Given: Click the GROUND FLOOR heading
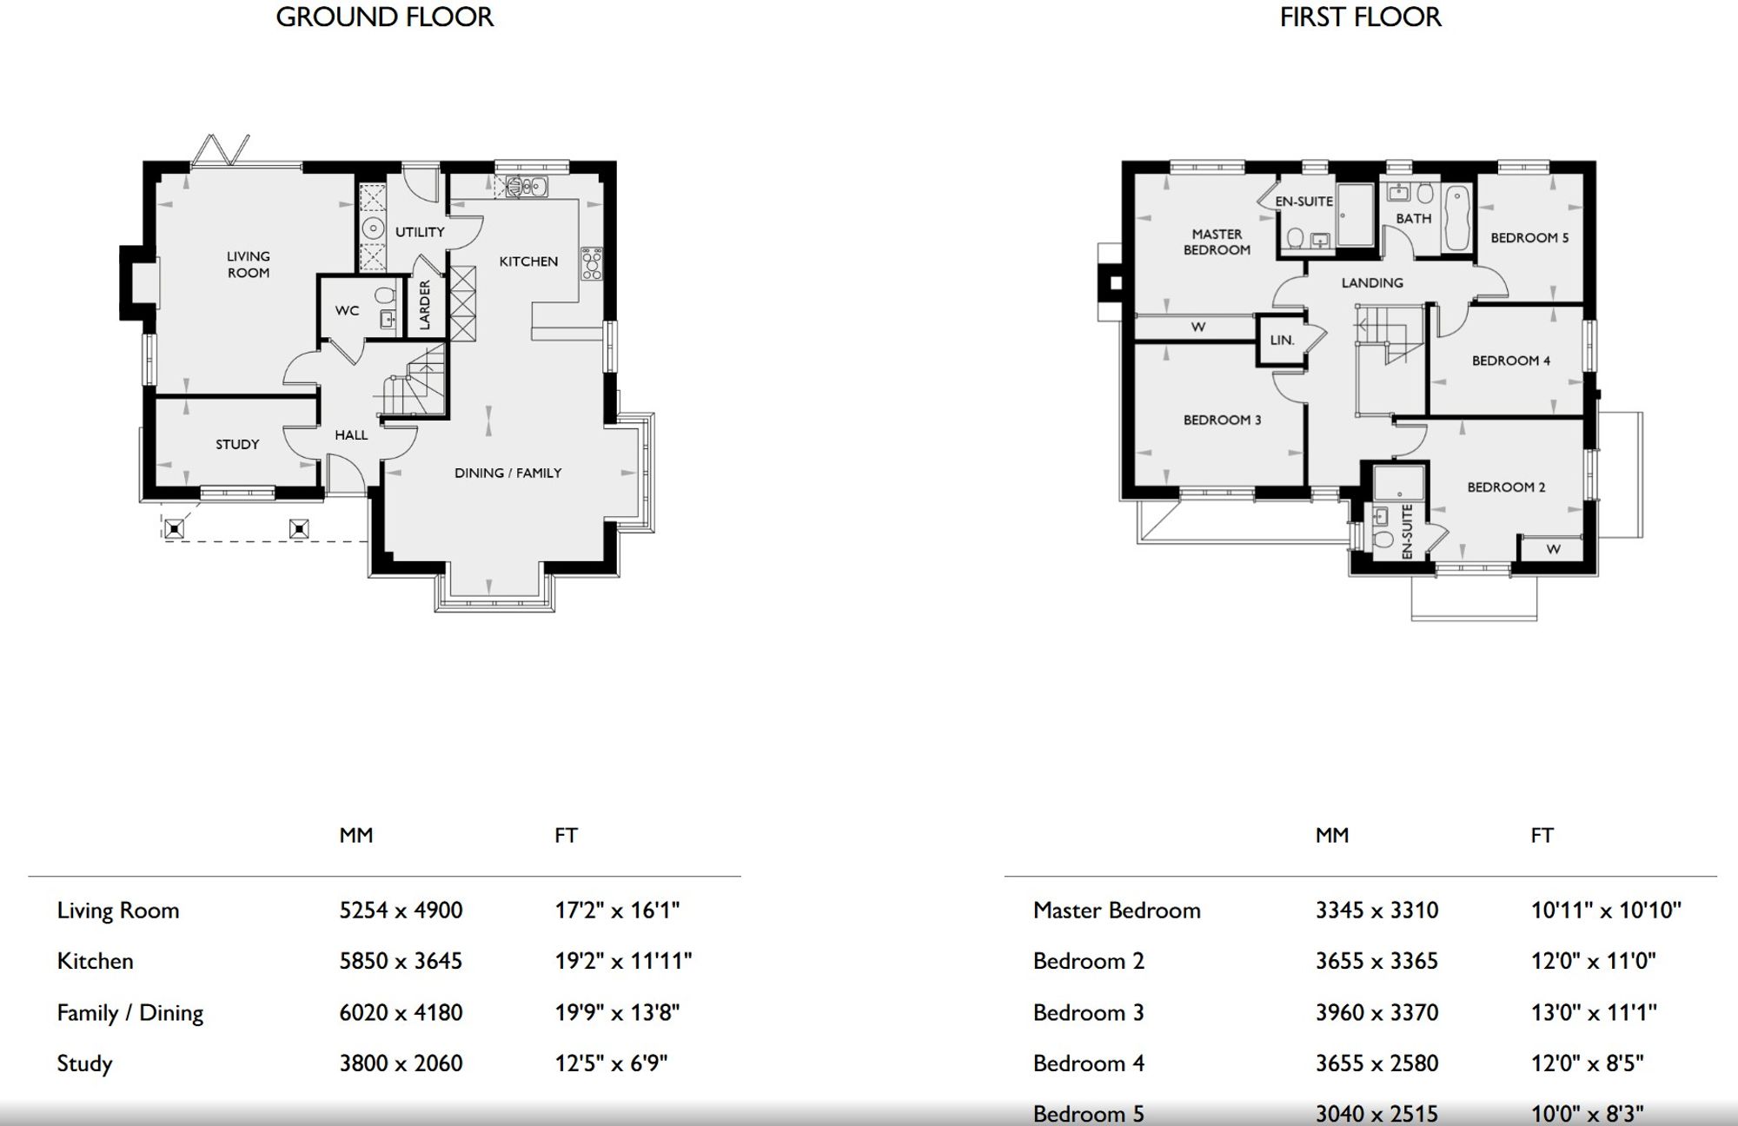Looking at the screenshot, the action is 384,17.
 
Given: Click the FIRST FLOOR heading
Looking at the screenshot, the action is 1360,17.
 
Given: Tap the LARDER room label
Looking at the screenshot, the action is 425,305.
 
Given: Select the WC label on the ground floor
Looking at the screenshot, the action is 347,310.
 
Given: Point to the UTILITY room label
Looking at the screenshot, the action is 420,232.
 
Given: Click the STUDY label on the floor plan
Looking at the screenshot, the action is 237,444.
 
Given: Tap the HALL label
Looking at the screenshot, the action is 351,434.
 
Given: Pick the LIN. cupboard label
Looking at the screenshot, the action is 1282,340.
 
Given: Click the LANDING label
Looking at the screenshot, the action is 1372,282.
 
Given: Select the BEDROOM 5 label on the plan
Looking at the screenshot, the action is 1529,237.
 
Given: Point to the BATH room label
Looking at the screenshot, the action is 1414,218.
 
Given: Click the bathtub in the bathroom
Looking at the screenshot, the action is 1456,217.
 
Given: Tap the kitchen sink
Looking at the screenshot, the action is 527,186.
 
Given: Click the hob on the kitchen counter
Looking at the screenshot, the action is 592,264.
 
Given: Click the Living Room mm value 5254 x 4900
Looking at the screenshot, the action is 401,910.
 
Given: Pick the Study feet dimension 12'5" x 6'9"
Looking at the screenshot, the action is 611,1063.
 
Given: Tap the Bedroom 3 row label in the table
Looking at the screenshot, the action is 1088,1012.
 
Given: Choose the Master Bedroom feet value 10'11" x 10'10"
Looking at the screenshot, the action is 1606,910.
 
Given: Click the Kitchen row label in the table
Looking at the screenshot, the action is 95,961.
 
